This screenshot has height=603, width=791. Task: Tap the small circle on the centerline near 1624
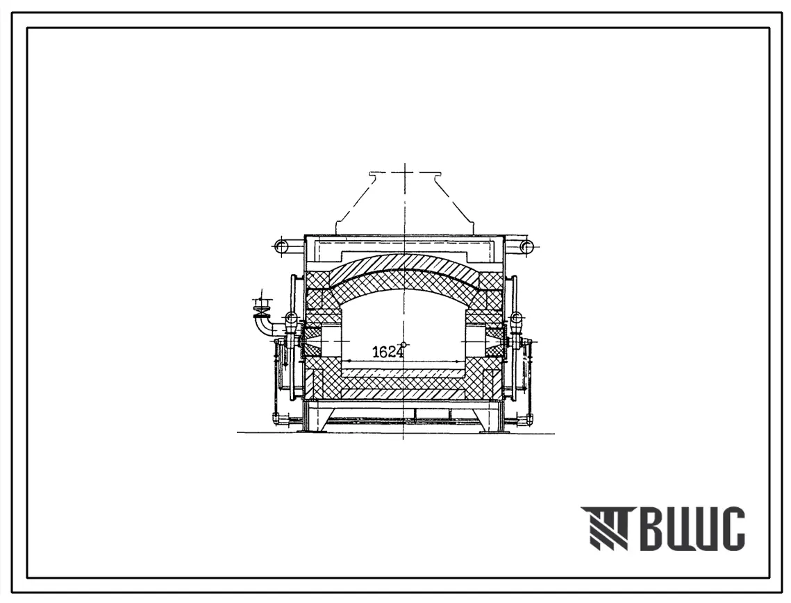pyautogui.click(x=403, y=346)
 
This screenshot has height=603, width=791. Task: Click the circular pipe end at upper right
pyautogui.click(x=526, y=246)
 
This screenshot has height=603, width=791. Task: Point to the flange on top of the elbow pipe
pyautogui.click(x=263, y=305)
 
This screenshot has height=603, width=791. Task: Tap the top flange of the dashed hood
pyautogui.click(x=403, y=174)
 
